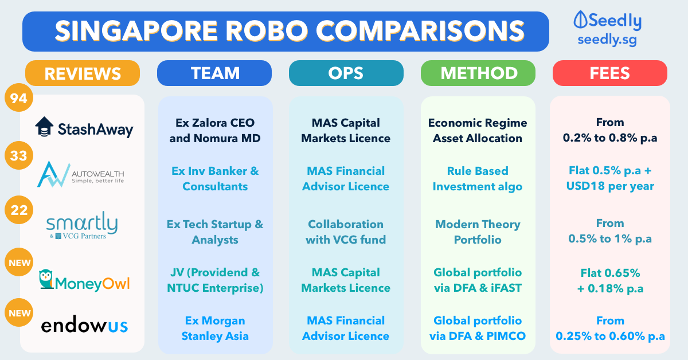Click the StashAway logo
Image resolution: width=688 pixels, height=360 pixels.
pos(84,127)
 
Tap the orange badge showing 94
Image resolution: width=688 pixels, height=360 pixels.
pos(19,97)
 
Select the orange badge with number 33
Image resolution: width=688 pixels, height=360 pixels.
pos(19,155)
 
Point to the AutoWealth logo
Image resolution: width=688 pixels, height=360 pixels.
pos(80,174)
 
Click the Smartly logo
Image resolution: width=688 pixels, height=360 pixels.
pos(82,225)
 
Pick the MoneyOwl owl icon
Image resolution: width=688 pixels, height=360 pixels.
pos(46,279)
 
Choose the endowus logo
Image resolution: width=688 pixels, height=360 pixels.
pos(84,324)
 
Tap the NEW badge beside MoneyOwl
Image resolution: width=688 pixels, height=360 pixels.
pos(19,263)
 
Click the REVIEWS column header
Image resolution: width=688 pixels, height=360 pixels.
pos(83,73)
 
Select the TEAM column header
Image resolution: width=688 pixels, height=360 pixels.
pos(214,73)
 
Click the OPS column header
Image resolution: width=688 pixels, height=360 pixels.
pos(346,73)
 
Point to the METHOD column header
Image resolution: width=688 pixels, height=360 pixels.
pos(478,73)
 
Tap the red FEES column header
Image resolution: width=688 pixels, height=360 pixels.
pos(610,73)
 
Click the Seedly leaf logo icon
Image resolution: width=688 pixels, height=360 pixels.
pos(580,19)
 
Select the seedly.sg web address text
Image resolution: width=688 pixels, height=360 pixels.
pos(607,40)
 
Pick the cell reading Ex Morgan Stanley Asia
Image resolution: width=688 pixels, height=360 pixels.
pos(215,328)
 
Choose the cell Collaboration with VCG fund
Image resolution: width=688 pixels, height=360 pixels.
pos(346,232)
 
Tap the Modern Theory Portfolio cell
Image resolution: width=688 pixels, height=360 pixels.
pos(478,232)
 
